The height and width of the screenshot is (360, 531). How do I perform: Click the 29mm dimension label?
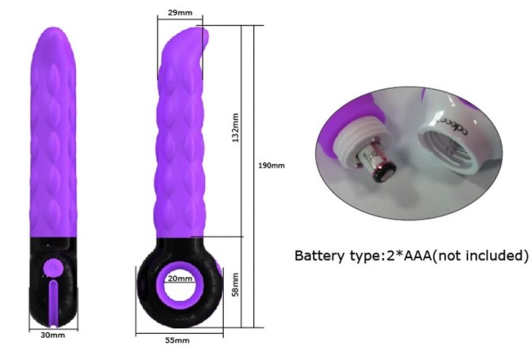point(180,13)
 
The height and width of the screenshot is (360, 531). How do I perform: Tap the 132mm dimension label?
point(236,127)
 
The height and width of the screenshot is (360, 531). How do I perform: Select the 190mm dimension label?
point(271,166)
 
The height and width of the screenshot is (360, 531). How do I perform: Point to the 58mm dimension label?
point(236,285)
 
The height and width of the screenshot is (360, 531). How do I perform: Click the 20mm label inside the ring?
point(181,278)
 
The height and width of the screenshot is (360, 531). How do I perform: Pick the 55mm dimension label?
point(177,340)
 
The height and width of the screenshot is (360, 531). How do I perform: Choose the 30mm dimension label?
point(52,335)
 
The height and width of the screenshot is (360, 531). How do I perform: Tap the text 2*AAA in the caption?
point(409,256)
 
